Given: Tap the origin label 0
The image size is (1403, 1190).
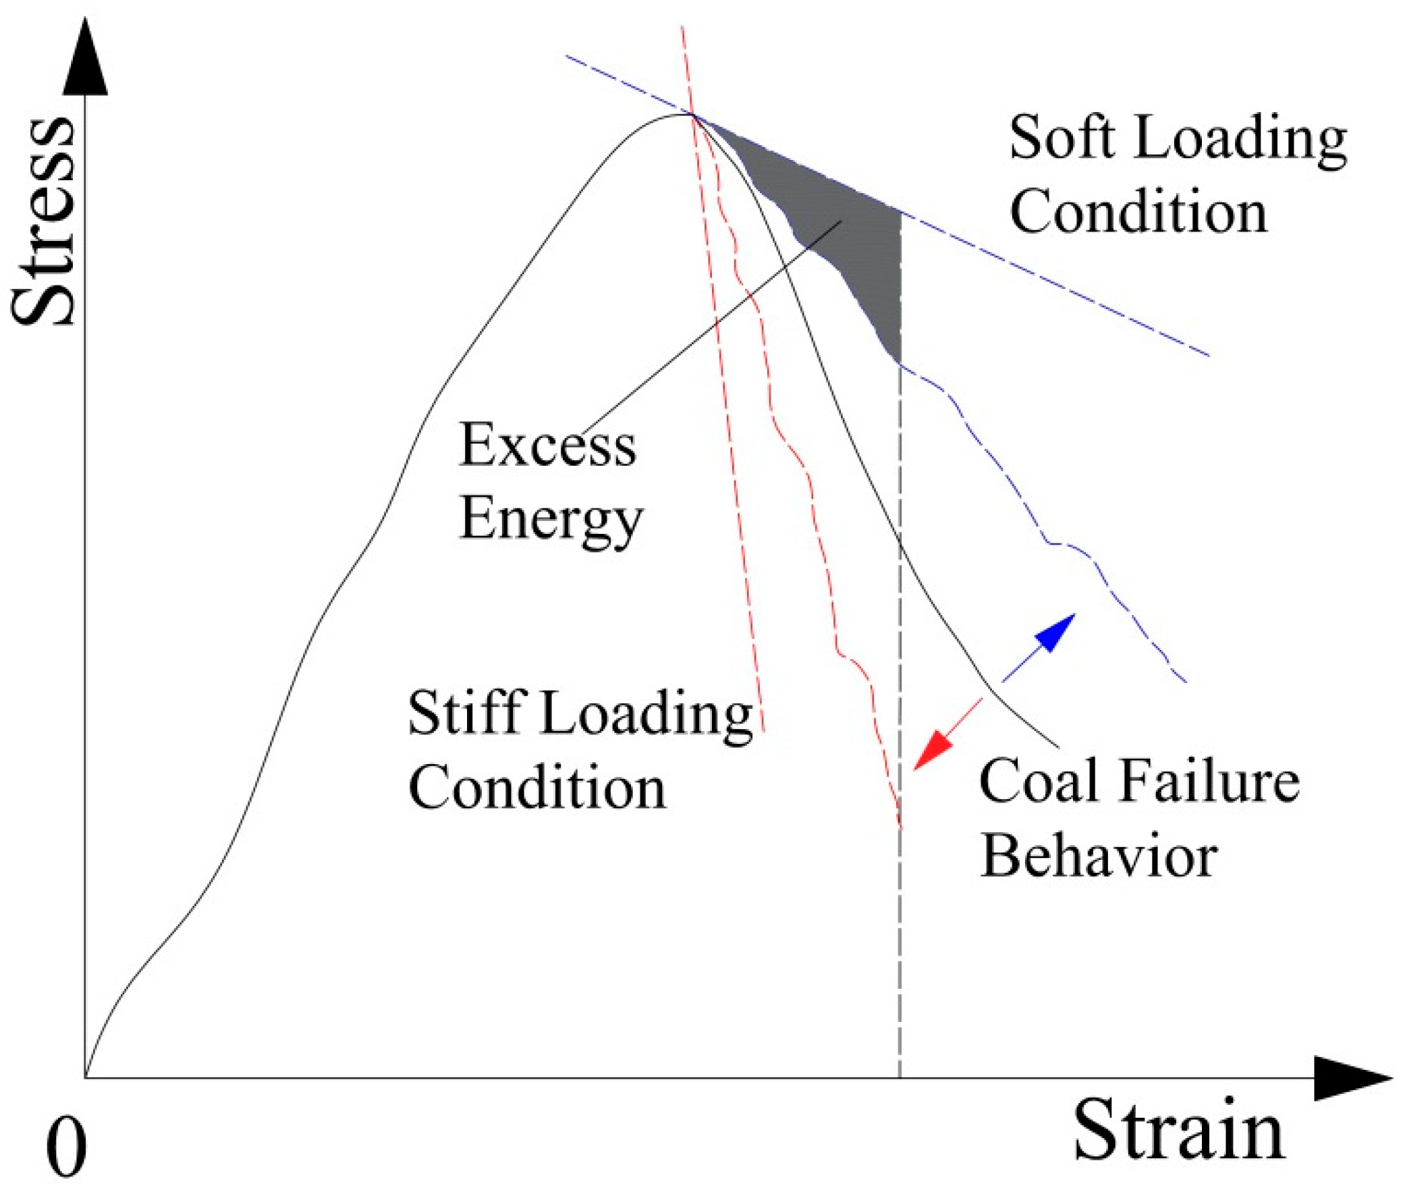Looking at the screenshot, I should [65, 1147].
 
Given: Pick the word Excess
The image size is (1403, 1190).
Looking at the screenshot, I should [547, 445].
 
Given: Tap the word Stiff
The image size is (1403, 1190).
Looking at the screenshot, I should [464, 713].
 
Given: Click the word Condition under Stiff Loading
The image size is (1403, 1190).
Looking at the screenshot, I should [537, 788].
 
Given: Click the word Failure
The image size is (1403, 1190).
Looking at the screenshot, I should [1209, 781].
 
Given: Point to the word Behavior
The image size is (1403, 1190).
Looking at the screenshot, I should [1099, 856].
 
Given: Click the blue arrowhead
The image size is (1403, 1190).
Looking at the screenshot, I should [1055, 632].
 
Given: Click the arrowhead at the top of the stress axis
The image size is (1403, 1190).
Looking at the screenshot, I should [85, 57].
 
